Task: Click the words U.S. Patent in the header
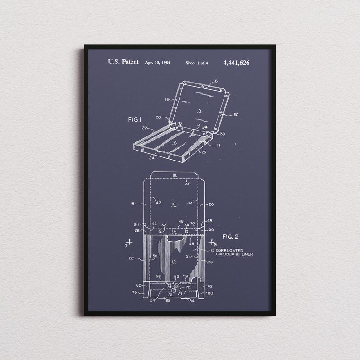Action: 123,62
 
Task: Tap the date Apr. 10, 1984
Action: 157,63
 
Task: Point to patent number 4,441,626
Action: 236,63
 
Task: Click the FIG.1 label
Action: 135,119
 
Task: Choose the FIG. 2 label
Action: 230,237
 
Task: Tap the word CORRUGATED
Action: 229,250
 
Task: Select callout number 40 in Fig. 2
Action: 188,184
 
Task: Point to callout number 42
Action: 158,203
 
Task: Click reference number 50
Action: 155,257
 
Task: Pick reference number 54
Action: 189,257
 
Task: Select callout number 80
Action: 210,292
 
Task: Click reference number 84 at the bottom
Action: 191,300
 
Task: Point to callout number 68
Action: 209,221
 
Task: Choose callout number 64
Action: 136,224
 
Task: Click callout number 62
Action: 210,286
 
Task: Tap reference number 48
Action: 191,244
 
